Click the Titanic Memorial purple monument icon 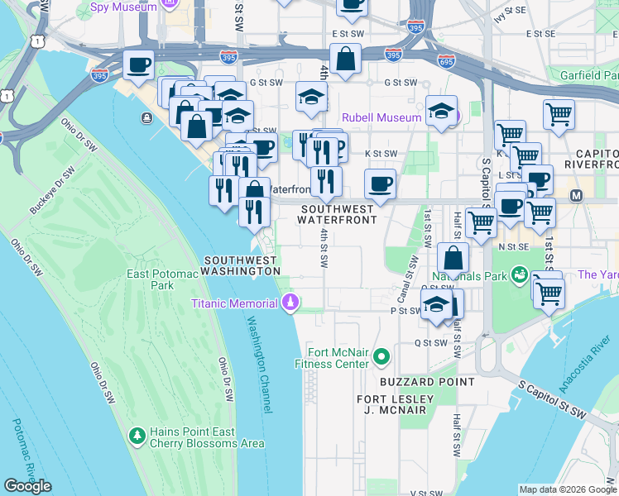click(290, 303)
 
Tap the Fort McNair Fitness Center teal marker click(381, 357)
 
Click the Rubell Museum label click(381, 117)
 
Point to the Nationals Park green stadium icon click(520, 274)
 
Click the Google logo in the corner click(27, 486)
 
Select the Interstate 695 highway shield click(445, 61)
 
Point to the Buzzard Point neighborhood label click(427, 382)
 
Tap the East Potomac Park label click(150, 279)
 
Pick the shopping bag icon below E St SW click(345, 60)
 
